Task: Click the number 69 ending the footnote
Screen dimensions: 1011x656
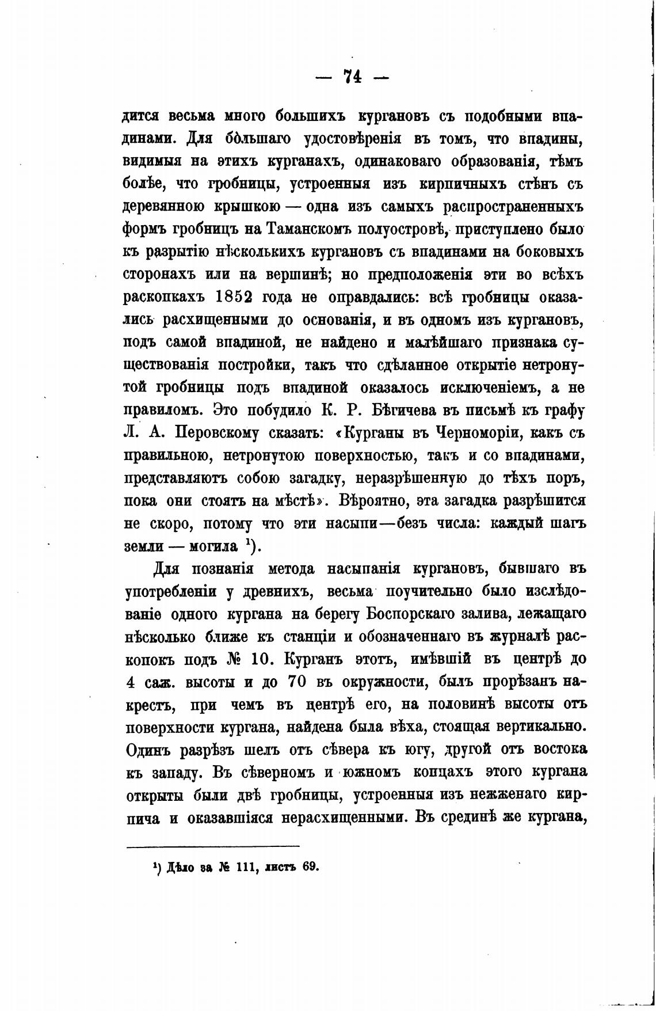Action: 310,867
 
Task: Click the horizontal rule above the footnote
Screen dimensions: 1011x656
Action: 212,846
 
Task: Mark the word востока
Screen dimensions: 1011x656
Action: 552,750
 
